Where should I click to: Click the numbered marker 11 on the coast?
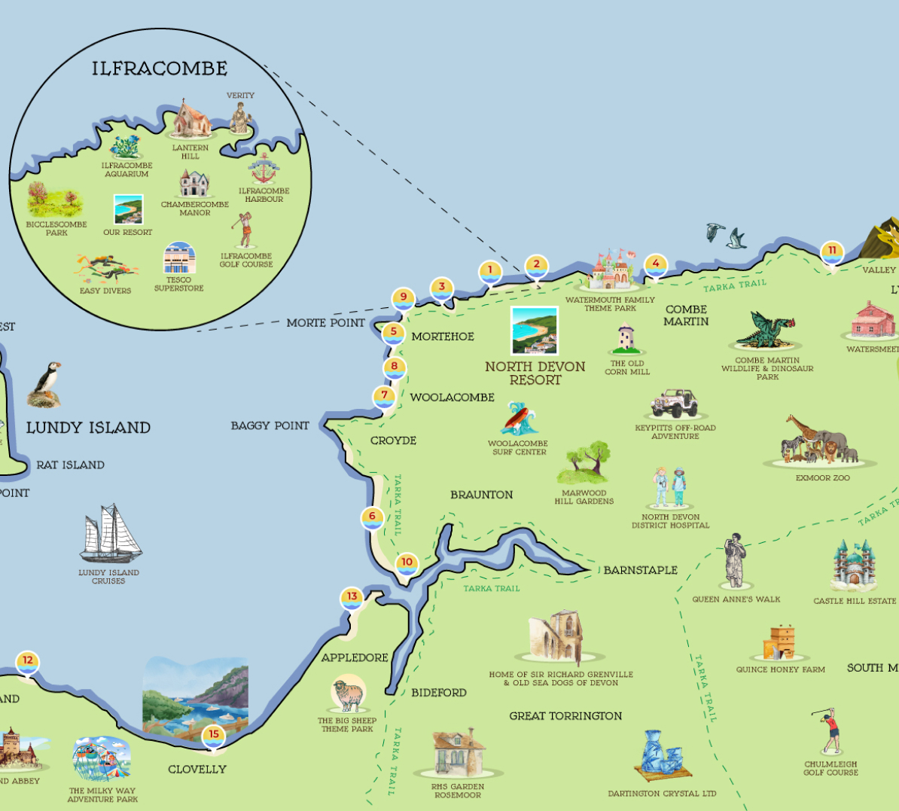(x=832, y=252)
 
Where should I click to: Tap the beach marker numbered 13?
(x=352, y=597)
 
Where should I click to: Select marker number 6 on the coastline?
(x=372, y=517)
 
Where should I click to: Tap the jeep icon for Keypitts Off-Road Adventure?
(x=675, y=404)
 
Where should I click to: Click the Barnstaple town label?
(x=640, y=570)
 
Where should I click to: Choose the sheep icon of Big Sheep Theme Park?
(x=348, y=694)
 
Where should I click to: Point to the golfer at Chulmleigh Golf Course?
(x=829, y=730)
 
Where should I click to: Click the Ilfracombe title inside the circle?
(x=160, y=69)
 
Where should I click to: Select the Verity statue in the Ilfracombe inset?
(x=240, y=117)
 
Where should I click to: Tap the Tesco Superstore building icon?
(x=179, y=258)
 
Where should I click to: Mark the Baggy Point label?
(x=270, y=426)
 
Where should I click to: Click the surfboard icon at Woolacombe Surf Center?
(x=519, y=419)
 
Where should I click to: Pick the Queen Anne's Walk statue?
(x=735, y=561)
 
